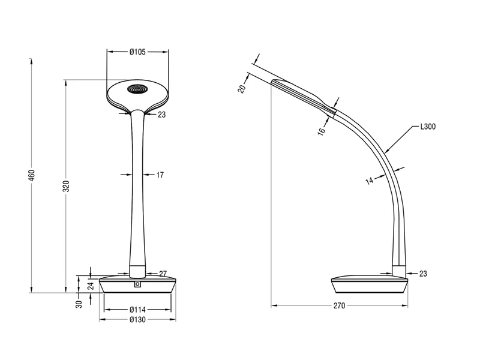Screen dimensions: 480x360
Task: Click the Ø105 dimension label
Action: click(137, 52)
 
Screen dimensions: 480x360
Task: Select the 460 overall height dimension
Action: click(32, 175)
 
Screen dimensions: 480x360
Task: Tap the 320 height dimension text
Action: click(66, 187)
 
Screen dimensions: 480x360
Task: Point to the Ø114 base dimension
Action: click(137, 310)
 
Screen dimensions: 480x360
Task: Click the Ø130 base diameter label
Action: click(137, 320)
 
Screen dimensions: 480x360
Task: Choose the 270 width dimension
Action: click(339, 305)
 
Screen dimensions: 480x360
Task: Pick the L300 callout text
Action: click(428, 127)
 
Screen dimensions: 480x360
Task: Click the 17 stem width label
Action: click(160, 175)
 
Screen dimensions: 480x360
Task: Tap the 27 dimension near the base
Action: click(163, 274)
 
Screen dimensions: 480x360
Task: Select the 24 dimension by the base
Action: click(91, 286)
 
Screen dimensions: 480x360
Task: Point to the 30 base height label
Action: click(79, 304)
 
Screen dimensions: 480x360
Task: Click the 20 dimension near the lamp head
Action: click(242, 89)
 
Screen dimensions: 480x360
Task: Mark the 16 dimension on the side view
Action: click(321, 131)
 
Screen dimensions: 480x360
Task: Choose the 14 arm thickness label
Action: click(370, 181)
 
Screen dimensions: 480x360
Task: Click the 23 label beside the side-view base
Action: click(423, 274)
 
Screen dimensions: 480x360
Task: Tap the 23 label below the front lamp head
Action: click(161, 115)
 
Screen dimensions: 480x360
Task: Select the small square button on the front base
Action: click(137, 284)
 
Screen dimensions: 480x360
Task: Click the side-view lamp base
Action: click(370, 284)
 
